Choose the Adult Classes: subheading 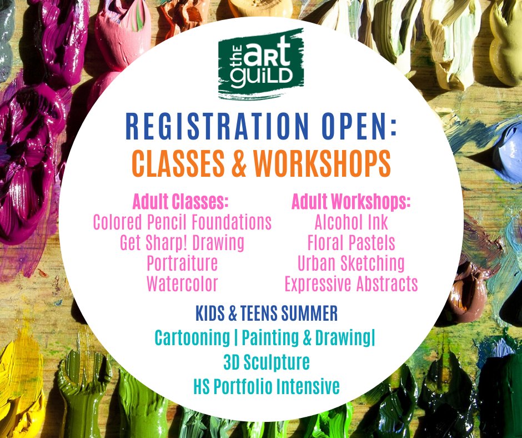pos(180,201)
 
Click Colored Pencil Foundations pos(182,222)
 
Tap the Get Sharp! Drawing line pos(182,243)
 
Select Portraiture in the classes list pos(182,263)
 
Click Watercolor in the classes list pos(182,283)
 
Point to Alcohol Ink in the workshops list pos(351,222)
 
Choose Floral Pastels pos(351,243)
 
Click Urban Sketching pos(351,263)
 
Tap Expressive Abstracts pos(351,283)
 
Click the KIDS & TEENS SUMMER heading pos(266,314)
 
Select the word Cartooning pos(192,338)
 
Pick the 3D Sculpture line pos(266,362)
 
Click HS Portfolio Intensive pos(266,386)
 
